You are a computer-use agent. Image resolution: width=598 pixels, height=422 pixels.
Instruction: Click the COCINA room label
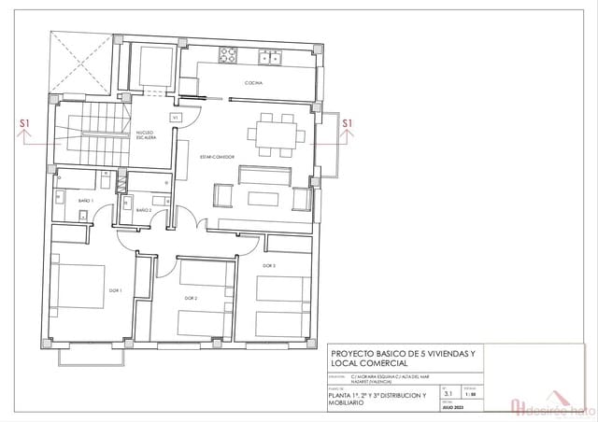[254, 84]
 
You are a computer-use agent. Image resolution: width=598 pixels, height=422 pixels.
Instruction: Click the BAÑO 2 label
[144, 211]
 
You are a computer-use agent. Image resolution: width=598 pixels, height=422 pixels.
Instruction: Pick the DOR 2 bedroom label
[190, 298]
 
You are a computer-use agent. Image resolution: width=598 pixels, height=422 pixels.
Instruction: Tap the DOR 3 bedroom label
[268, 266]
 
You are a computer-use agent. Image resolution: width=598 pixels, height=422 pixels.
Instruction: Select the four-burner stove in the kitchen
[229, 56]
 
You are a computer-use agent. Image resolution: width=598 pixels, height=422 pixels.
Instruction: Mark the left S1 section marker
[24, 123]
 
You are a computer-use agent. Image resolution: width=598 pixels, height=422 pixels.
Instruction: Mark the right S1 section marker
[348, 123]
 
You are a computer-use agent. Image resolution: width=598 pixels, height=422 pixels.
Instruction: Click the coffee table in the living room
[263, 199]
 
